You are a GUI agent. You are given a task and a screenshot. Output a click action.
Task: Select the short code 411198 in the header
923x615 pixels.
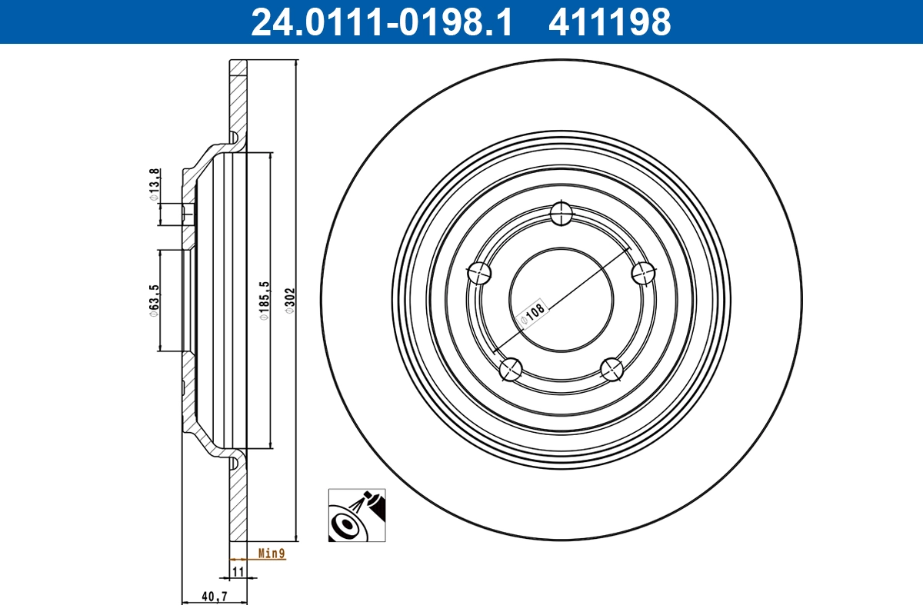pos(609,22)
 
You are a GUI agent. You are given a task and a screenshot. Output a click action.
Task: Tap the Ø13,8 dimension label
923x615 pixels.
pos(155,184)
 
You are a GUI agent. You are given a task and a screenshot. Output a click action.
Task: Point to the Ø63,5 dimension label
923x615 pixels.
pos(155,300)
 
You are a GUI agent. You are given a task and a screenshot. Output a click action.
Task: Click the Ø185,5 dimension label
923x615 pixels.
pos(265,301)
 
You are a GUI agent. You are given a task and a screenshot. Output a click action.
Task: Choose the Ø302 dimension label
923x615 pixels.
pos(290,301)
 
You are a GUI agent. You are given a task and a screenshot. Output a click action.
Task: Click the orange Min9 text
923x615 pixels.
pos(272,553)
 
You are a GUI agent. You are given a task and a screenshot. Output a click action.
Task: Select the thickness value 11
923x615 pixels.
pos(238,571)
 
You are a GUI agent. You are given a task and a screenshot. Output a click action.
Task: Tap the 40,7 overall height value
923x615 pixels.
pos(213,596)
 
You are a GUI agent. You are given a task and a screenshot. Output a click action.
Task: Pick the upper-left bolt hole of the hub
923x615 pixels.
pos(479,271)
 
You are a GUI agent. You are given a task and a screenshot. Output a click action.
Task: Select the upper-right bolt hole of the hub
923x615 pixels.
pos(643,272)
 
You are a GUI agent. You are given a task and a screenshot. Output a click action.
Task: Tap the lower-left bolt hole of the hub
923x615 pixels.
pos(511,370)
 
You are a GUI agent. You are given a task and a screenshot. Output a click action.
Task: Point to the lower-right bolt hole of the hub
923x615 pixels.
pos(612,370)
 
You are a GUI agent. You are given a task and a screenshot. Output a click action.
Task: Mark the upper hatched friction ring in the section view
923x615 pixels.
pos(238,100)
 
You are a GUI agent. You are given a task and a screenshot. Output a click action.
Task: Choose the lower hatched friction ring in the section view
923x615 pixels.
pos(238,500)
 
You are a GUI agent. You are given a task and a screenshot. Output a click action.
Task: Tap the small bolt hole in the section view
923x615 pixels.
pos(188,213)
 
